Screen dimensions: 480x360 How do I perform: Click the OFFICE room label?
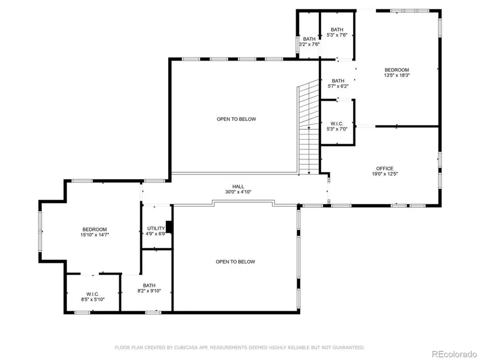click(x=385, y=168)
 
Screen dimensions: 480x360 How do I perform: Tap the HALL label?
click(x=238, y=187)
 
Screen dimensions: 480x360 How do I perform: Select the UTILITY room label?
click(x=156, y=229)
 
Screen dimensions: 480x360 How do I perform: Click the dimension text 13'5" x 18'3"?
click(x=397, y=75)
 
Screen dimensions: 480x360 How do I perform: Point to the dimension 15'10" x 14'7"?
click(x=95, y=235)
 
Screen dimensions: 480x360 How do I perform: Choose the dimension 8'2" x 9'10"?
click(x=149, y=291)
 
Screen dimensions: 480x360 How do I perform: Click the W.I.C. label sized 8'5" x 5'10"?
click(x=93, y=294)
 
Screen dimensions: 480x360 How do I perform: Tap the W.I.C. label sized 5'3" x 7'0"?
click(x=337, y=124)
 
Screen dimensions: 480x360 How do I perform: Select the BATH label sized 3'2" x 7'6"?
click(x=309, y=39)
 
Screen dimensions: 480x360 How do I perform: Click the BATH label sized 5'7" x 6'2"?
click(x=338, y=81)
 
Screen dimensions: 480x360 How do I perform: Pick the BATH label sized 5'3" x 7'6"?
click(x=337, y=30)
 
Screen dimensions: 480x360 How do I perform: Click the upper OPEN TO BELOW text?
click(x=236, y=119)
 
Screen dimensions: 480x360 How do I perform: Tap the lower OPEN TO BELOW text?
click(x=236, y=262)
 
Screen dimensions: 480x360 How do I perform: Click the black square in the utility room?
click(x=169, y=227)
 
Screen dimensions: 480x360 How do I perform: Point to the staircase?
click(x=308, y=127)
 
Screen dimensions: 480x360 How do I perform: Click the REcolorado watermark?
click(x=454, y=354)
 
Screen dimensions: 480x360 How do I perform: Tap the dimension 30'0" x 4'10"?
click(x=238, y=192)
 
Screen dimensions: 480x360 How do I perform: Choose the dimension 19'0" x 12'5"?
click(x=385, y=174)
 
